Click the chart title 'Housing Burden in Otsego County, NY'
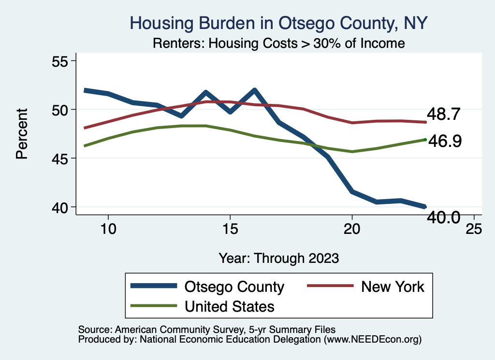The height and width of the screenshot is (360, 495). click(279, 23)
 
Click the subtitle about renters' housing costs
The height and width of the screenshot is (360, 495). click(278, 43)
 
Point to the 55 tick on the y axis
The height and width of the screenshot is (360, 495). click(61, 61)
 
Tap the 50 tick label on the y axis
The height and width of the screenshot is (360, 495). click(61, 110)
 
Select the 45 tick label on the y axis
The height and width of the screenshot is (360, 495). click(61, 158)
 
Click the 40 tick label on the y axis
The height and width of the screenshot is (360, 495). click(61, 207)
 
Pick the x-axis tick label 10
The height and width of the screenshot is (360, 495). click(108, 229)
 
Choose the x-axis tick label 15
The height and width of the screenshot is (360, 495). click(230, 229)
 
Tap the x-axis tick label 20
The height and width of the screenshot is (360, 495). click(352, 229)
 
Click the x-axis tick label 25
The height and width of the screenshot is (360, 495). click(474, 229)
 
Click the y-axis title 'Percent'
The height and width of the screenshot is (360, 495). click(22, 134)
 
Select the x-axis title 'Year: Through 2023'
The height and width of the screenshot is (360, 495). click(278, 258)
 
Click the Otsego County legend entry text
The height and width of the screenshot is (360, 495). click(234, 287)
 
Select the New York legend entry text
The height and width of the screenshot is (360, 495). click(393, 287)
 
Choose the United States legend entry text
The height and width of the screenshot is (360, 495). click(230, 306)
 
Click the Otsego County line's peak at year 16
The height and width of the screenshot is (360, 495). click(254, 90)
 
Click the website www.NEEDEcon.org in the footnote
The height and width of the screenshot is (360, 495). click(373, 340)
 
